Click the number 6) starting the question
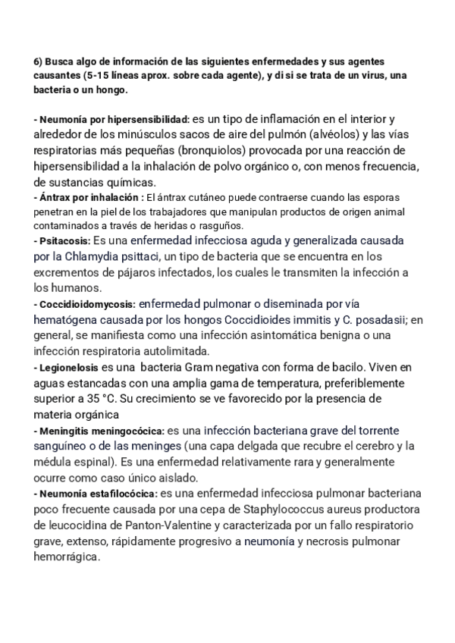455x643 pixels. (x=39, y=62)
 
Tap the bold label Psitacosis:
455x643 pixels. (x=61, y=240)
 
